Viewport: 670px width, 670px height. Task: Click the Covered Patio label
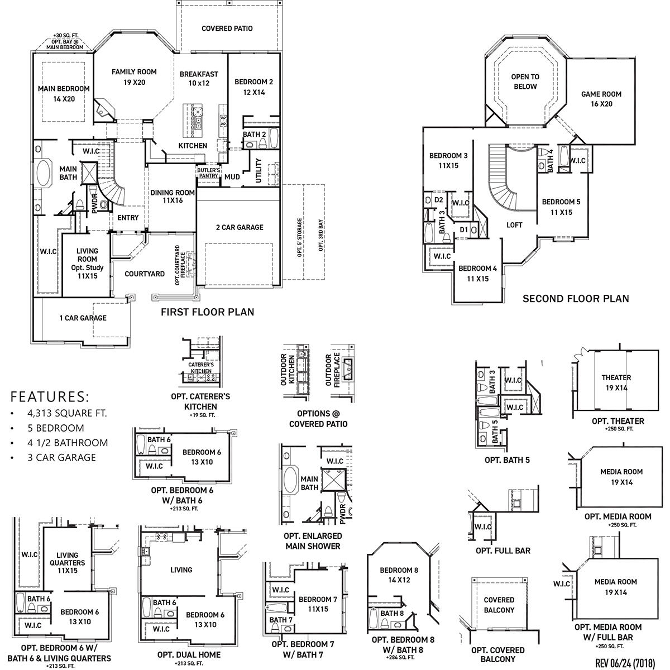point(227,28)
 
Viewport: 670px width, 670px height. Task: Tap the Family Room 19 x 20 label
point(134,77)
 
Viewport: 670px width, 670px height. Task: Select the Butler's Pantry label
point(209,173)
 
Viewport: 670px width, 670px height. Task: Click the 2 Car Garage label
point(240,227)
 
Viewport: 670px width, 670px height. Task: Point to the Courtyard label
point(145,274)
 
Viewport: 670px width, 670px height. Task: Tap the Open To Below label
point(525,82)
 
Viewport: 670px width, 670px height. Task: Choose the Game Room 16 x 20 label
point(601,99)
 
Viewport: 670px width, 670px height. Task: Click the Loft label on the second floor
point(514,225)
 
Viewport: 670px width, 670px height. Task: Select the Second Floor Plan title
point(576,299)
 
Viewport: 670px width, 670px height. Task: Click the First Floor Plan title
point(208,312)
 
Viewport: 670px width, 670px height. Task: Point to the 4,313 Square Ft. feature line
point(67,413)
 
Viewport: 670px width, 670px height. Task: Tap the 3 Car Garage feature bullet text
point(61,457)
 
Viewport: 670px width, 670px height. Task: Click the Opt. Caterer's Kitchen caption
point(200,401)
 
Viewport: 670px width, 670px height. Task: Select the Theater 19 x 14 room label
point(616,382)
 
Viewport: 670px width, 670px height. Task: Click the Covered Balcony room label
point(499,605)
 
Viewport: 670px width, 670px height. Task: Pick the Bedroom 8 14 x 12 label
point(399,575)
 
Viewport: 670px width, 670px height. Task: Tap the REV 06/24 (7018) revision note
point(625,663)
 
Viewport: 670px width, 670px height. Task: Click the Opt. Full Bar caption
point(503,551)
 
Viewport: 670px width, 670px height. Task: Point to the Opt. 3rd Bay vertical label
point(320,235)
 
